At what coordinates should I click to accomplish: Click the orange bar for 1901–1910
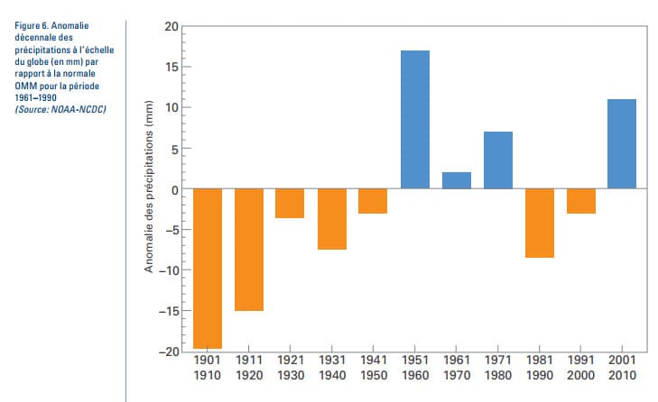(207, 269)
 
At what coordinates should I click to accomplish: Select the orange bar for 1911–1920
(248, 249)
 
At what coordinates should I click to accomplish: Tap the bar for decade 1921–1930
(290, 203)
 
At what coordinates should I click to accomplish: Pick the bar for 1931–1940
(331, 218)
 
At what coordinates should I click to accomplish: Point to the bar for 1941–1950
(373, 200)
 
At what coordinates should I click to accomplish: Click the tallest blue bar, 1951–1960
(414, 119)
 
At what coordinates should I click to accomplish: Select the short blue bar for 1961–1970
(456, 180)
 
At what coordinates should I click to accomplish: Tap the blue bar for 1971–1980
(497, 160)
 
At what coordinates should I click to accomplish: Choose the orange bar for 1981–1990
(539, 223)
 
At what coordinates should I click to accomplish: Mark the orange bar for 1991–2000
(580, 200)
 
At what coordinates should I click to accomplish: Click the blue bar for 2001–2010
(622, 143)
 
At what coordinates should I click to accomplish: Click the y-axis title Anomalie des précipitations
(149, 188)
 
